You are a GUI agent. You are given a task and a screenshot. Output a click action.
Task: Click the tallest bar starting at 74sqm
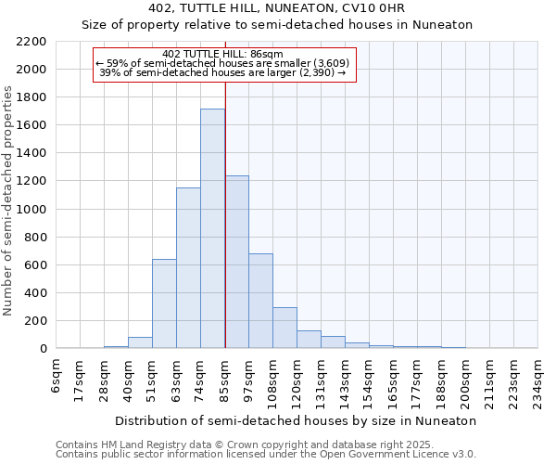[212, 228]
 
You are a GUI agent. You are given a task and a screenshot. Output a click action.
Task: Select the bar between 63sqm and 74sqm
[188, 268]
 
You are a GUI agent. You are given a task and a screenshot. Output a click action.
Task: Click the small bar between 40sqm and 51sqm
[140, 342]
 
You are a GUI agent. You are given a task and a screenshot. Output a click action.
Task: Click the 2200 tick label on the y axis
[32, 42]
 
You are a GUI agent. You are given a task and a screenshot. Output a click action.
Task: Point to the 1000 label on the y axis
[32, 210]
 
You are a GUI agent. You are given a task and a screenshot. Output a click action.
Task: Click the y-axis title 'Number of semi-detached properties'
[9, 200]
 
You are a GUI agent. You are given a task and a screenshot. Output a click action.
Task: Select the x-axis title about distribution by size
[297, 420]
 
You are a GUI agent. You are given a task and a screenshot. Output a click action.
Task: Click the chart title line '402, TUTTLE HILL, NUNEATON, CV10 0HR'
[277, 9]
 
